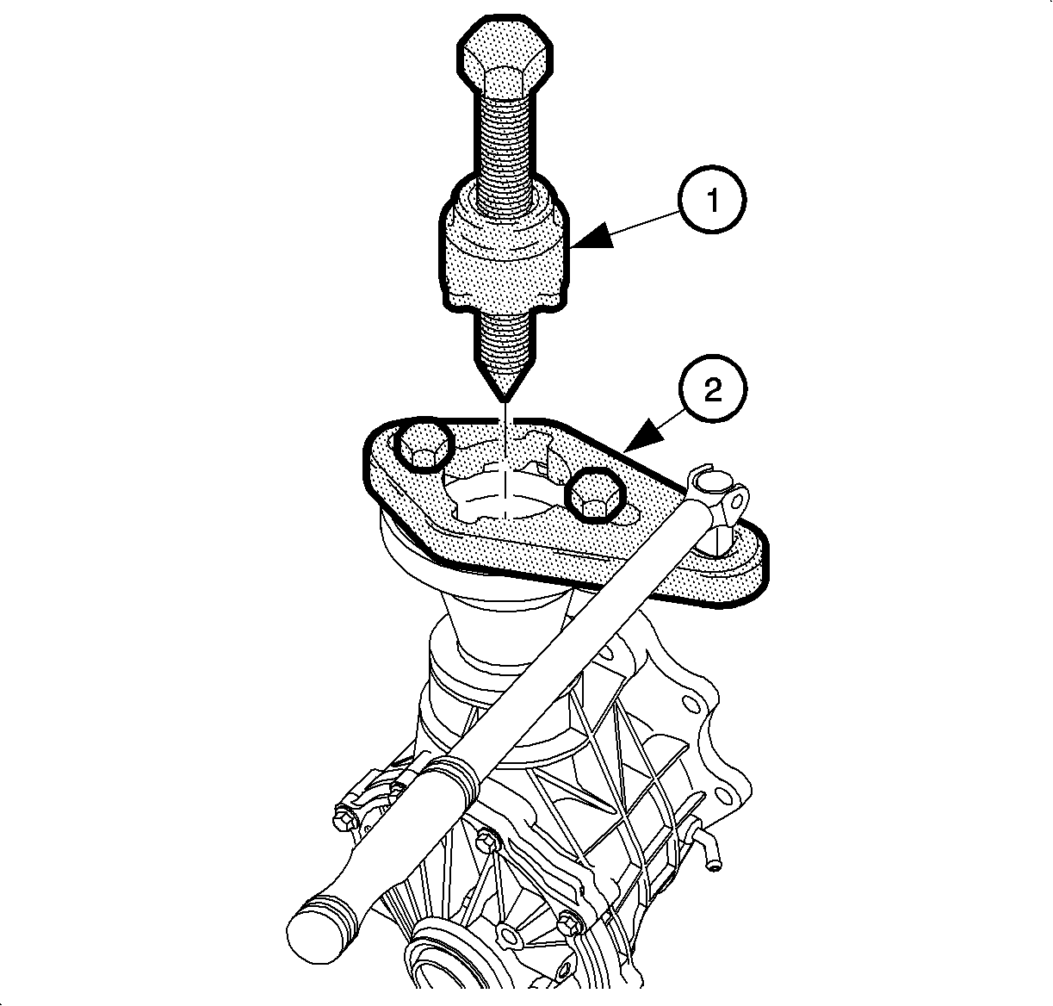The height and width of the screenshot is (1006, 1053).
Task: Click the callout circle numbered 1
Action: pyautogui.click(x=713, y=201)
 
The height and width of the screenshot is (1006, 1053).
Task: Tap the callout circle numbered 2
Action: pyautogui.click(x=713, y=388)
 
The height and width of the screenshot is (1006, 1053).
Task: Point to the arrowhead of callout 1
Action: pyautogui.click(x=592, y=237)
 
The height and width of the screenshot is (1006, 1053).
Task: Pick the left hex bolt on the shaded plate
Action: pyautogui.click(x=424, y=444)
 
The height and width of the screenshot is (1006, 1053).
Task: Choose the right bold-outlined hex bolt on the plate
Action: pyautogui.click(x=595, y=495)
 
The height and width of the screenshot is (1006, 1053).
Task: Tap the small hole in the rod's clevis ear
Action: pyautogui.click(x=736, y=502)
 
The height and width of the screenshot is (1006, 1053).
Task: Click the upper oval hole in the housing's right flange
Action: pyautogui.click(x=691, y=705)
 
